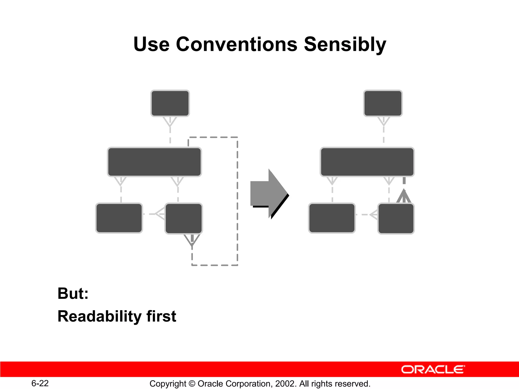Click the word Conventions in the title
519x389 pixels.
[x=236, y=44]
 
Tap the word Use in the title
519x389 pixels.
[x=151, y=44]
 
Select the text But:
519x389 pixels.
[x=73, y=294]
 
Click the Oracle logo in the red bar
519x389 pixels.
[x=433, y=369]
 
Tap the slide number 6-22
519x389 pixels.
[x=40, y=383]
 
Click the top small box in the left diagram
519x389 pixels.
[x=170, y=103]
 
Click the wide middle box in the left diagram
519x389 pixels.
[x=154, y=162]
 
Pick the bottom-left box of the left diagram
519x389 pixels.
[x=119, y=218]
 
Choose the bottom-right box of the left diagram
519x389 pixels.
[x=184, y=219]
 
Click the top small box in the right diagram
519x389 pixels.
[x=383, y=103]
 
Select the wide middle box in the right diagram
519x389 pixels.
[x=367, y=162]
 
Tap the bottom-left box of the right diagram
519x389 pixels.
[x=332, y=218]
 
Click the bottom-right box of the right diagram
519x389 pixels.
[x=396, y=219]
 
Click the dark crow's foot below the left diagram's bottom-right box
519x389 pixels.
[x=192, y=240]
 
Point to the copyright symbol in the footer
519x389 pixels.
[x=192, y=384]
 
